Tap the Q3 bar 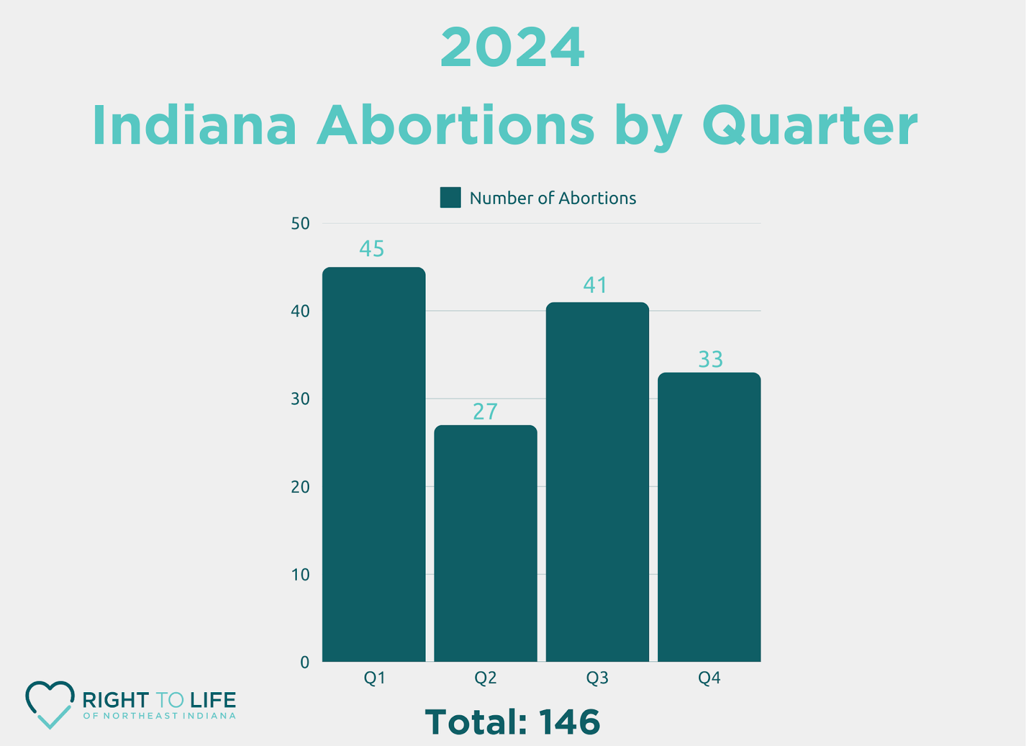click(597, 481)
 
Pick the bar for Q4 click(709, 516)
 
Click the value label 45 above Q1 click(372, 249)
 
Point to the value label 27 click(485, 412)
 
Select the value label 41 click(595, 285)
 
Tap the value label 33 click(711, 359)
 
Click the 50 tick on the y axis click(300, 224)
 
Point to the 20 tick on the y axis click(300, 487)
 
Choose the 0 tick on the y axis click(305, 662)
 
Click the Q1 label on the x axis click(374, 678)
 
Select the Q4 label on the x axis click(709, 678)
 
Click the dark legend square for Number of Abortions click(450, 198)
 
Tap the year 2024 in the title click(512, 48)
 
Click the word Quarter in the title click(810, 125)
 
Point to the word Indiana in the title click(194, 125)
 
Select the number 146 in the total click(569, 722)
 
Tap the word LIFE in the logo click(213, 700)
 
